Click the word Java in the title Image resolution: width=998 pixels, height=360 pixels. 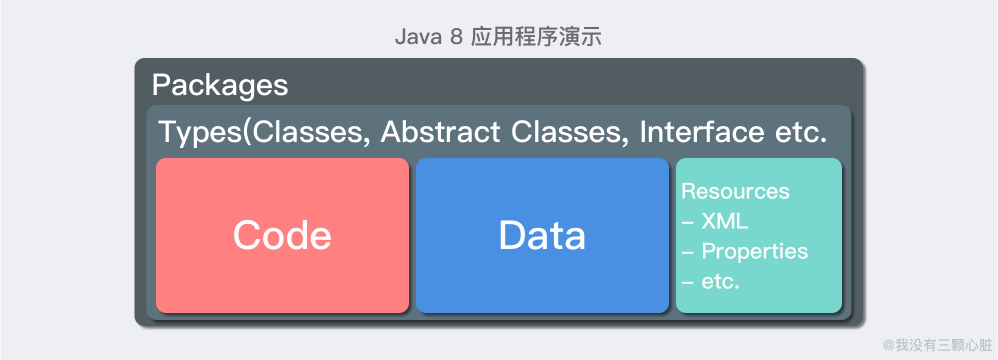[418, 37]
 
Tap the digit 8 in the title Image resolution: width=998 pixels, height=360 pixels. [456, 37]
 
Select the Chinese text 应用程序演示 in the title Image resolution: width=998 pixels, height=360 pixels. [536, 36]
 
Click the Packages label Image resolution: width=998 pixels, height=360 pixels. [220, 85]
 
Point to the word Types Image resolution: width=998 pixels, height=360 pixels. [200, 132]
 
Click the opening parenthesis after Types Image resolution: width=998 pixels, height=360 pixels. [247, 132]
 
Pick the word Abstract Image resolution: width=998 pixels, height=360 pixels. [440, 132]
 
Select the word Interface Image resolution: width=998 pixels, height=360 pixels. [701, 132]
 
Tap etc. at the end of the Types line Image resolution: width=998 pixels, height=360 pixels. [801, 133]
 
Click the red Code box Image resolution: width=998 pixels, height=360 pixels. [282, 235]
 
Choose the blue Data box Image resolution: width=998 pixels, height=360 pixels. [542, 235]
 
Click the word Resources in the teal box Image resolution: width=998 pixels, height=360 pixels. [735, 191]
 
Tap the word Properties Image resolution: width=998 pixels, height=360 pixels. [754, 251]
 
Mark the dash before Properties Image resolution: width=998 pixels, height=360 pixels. [687, 253]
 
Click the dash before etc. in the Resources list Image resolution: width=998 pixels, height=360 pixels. [687, 283]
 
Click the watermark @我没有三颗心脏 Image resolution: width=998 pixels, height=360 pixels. [937, 345]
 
